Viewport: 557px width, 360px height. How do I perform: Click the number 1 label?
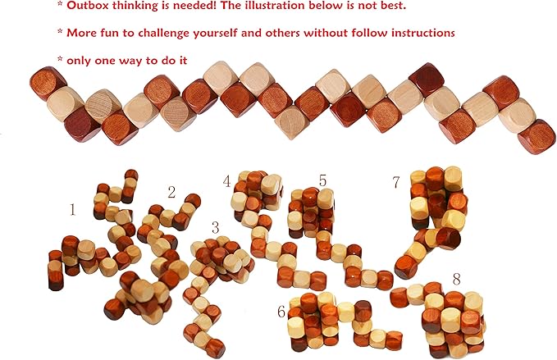click(72, 210)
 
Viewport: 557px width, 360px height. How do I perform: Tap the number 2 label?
click(171, 193)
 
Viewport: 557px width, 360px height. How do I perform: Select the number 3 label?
click(216, 226)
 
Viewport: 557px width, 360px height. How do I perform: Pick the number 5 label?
click(322, 180)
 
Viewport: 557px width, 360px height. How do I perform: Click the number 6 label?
click(281, 311)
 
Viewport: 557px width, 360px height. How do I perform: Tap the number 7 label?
click(397, 181)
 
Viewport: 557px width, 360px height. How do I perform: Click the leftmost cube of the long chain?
click(48, 84)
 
